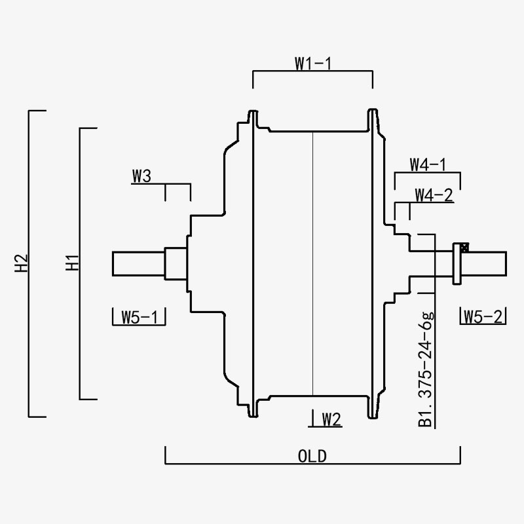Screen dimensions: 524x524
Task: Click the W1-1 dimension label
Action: (x=312, y=64)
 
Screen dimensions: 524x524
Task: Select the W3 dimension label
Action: (x=141, y=176)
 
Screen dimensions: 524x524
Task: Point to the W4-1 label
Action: (x=428, y=164)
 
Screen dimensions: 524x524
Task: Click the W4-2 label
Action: (x=434, y=195)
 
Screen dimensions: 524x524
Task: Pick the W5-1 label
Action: (x=139, y=317)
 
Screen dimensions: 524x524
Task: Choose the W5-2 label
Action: (x=484, y=317)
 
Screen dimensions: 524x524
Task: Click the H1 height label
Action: (x=72, y=263)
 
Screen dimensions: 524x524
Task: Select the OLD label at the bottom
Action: (x=312, y=456)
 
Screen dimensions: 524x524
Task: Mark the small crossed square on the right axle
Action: (x=464, y=248)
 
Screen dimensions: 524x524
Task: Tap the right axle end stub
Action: (x=485, y=263)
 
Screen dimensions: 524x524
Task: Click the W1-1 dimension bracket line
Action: (x=312, y=73)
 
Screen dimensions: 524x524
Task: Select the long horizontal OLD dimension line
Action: (x=312, y=464)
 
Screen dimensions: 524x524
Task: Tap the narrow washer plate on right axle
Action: (x=457, y=263)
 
